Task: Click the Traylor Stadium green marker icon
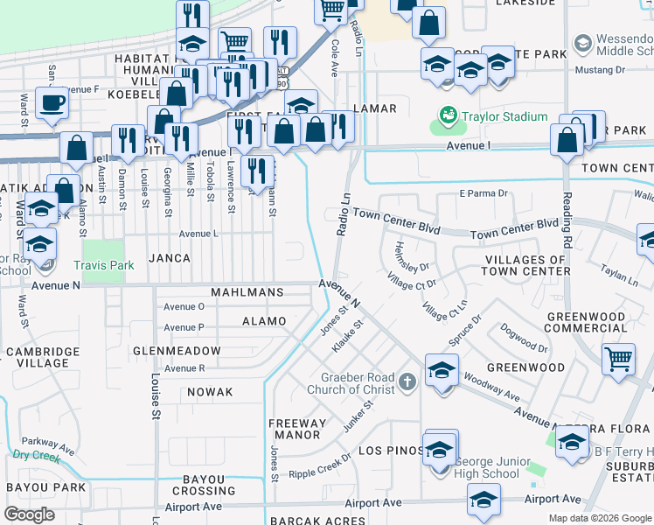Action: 449,115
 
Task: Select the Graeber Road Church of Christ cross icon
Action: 407,382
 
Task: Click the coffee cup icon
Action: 52,103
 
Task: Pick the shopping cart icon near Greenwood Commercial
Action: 618,358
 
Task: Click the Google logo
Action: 29,514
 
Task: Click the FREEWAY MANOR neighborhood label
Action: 298,429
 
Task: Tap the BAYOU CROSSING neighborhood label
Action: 209,485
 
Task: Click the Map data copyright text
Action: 599,517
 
